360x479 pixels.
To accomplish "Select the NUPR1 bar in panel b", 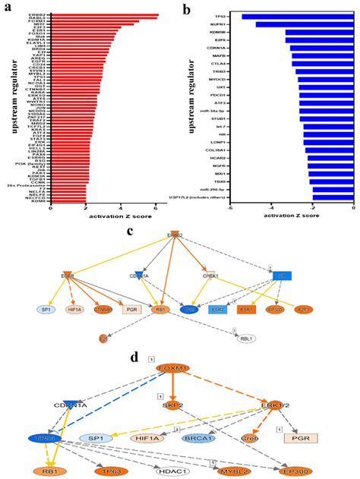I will click(305, 24).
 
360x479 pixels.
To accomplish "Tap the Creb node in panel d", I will click(252, 438).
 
